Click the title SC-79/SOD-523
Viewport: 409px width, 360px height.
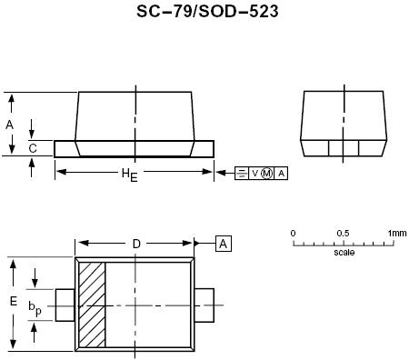(x=207, y=12)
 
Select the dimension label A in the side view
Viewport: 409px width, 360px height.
(x=9, y=125)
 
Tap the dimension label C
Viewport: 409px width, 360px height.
(x=33, y=148)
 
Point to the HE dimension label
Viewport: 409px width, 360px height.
(x=129, y=175)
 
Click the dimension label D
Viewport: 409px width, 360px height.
(x=136, y=244)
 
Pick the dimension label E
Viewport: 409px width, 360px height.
(x=13, y=301)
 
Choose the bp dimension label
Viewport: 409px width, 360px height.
(x=35, y=308)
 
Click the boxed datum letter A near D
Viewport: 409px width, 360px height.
(x=224, y=244)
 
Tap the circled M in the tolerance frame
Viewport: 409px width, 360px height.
(x=266, y=174)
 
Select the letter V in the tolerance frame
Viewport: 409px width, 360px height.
(x=255, y=174)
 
